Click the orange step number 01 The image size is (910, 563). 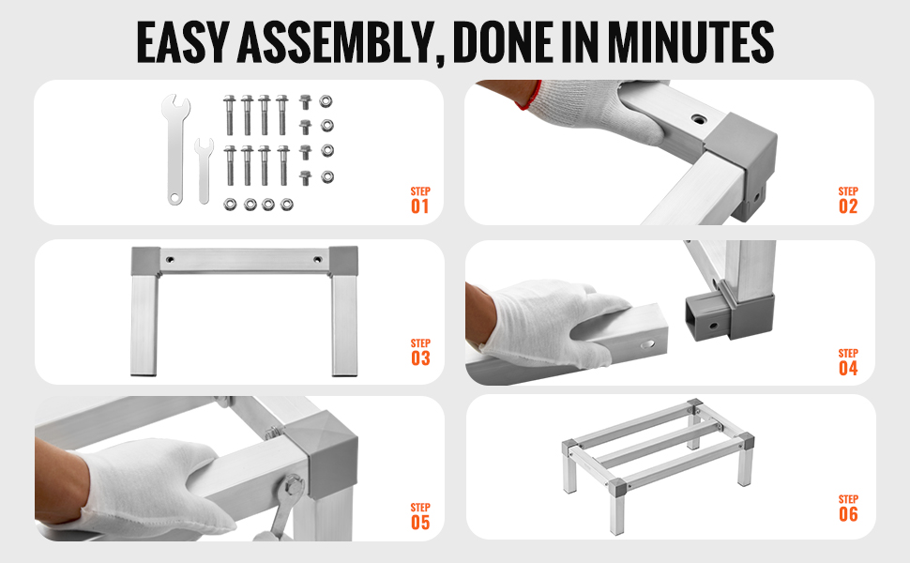click(420, 206)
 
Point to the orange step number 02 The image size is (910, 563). click(848, 206)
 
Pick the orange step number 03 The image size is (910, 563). click(420, 358)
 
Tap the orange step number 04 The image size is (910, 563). click(848, 368)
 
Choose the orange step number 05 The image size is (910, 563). click(420, 523)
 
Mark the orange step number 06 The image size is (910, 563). click(848, 513)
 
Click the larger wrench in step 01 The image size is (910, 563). click(174, 149)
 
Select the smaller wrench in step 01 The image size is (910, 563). click(204, 171)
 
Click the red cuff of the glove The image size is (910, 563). click(529, 96)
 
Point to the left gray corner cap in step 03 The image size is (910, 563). click(145, 261)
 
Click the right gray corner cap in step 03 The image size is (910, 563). click(343, 261)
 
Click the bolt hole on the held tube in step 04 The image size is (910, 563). click(646, 344)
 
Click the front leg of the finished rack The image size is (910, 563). click(617, 507)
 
